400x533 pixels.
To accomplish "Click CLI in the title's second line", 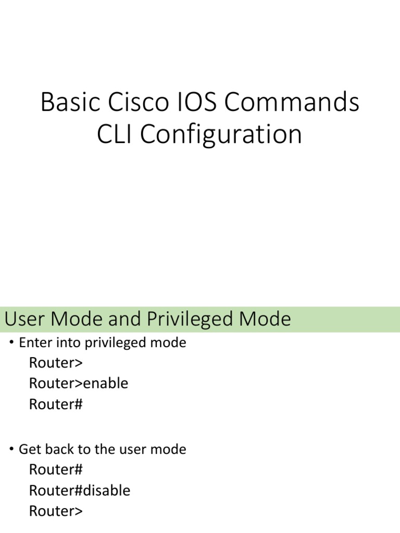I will [115, 134].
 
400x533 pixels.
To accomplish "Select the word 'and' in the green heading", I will [126, 319].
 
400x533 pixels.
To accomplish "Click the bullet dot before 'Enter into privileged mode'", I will [12, 344].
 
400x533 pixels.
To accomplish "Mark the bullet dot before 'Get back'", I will [12, 450].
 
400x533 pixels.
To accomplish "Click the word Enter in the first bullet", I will [33, 343].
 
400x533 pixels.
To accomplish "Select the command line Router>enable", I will [78, 383].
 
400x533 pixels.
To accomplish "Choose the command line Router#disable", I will [79, 490].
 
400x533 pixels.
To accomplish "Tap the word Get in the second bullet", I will [29, 449].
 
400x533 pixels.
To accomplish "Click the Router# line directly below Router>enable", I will [56, 404].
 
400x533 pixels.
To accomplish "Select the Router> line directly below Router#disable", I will [56, 511].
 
